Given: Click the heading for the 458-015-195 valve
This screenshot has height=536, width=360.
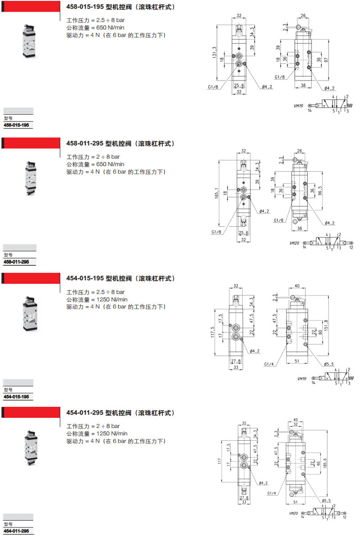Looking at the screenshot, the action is [121, 7].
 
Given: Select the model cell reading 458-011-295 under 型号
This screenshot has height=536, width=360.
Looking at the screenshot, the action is [17, 262].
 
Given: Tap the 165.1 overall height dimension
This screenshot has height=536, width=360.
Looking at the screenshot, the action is [216, 193].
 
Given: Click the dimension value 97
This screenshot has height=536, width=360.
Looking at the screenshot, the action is [326, 60].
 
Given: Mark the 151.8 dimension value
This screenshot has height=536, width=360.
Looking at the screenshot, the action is [326, 325].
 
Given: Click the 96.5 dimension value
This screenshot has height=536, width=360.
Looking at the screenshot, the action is [320, 190].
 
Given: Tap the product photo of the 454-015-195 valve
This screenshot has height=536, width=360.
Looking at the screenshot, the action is [30, 313].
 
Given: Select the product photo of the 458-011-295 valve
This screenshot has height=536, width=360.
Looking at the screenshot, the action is [31, 178].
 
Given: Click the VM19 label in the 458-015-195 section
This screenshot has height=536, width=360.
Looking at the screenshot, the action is [298, 106].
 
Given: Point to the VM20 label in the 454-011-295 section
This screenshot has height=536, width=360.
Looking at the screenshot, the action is [293, 513].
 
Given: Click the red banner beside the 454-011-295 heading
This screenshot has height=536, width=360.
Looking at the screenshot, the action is [31, 412].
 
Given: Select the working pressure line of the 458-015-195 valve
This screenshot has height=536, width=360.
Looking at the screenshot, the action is [95, 20].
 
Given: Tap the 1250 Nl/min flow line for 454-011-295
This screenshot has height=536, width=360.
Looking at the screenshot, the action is [97, 433].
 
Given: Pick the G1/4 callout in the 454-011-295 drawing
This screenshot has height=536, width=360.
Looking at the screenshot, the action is [272, 493].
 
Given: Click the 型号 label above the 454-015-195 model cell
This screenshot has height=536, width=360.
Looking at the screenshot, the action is [8, 390].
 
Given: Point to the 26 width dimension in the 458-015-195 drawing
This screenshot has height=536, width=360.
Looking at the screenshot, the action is [303, 15].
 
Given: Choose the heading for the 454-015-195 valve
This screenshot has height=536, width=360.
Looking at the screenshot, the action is [121, 279].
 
